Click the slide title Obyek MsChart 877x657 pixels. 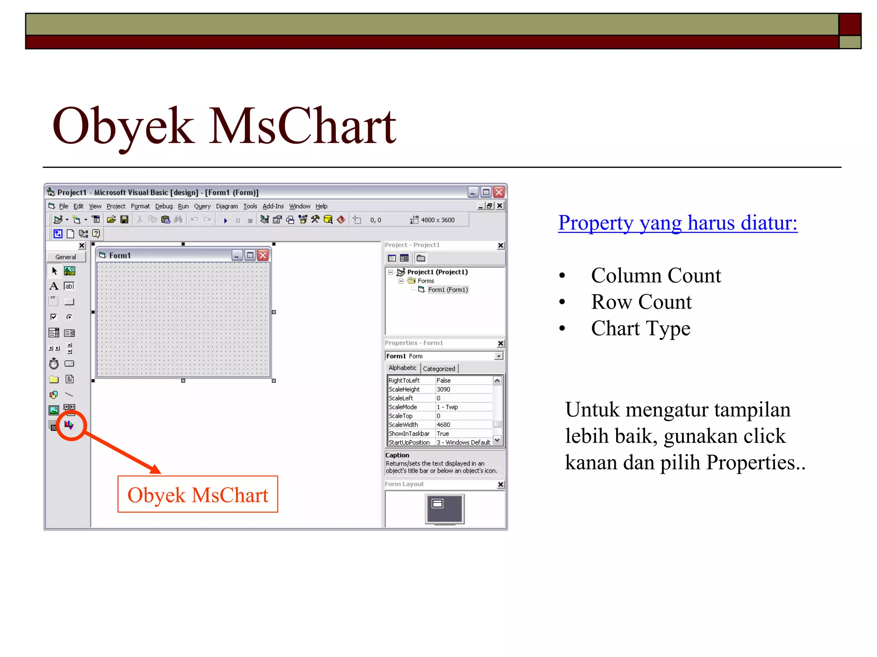click(224, 126)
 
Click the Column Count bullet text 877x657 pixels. click(656, 275)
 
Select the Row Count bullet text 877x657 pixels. click(641, 302)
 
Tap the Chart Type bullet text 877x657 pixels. click(641, 328)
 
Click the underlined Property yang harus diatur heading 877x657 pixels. click(677, 223)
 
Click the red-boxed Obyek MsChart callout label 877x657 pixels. click(197, 495)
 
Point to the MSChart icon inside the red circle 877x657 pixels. click(69, 425)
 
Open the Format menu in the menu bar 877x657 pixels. click(140, 206)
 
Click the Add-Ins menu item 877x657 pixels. click(273, 206)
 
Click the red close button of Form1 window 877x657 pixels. click(263, 255)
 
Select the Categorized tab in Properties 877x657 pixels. click(439, 369)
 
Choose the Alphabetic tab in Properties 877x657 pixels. click(402, 368)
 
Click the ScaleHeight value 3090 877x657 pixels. click(443, 389)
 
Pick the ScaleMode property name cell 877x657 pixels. click(403, 407)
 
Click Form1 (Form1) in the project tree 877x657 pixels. click(447, 290)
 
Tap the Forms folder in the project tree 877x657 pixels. click(426, 281)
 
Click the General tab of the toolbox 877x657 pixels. click(66, 257)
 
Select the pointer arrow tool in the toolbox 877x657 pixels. click(54, 271)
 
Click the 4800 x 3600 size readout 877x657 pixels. click(438, 220)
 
